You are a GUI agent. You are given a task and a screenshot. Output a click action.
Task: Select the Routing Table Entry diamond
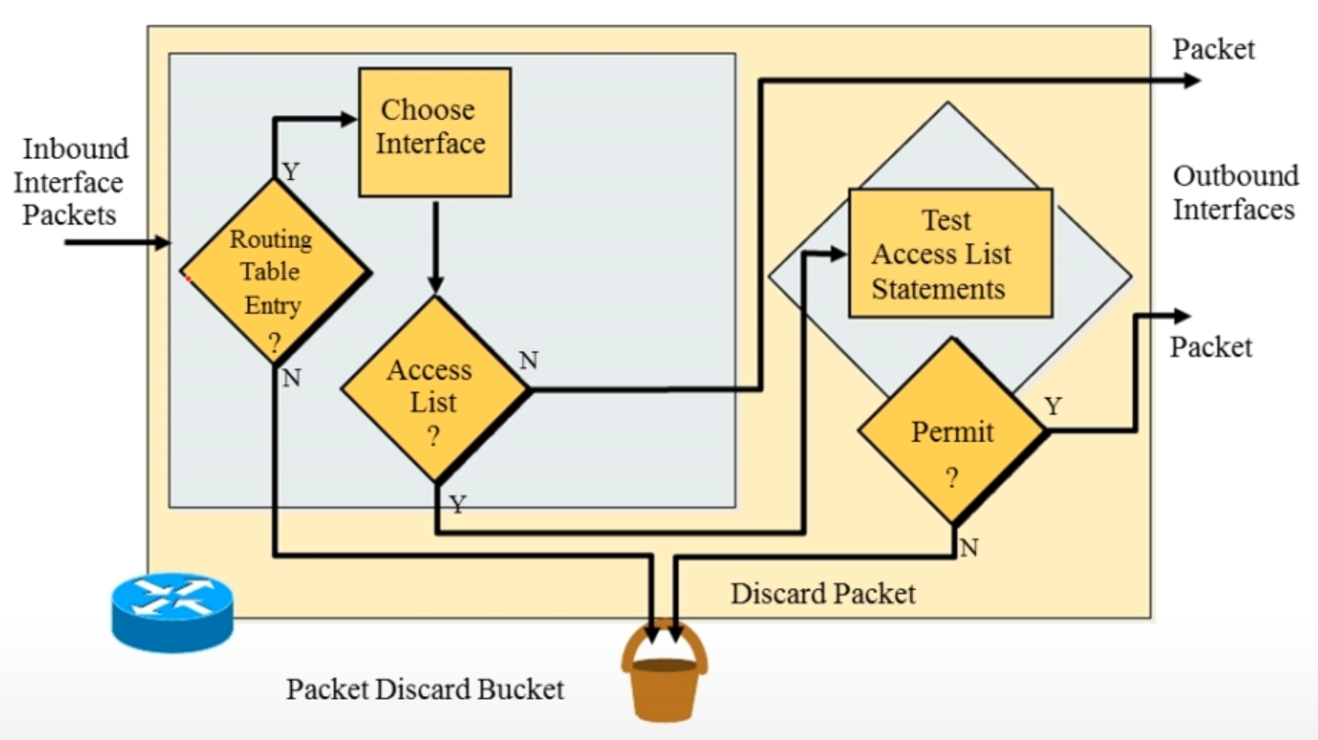click(x=275, y=272)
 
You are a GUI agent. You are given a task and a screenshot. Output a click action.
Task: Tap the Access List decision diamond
click(x=434, y=389)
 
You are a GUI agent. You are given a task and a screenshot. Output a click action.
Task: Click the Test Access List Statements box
click(x=949, y=253)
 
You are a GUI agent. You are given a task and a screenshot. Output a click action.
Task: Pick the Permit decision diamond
click(x=952, y=432)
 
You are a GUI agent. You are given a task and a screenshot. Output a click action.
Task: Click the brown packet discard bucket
click(x=665, y=676)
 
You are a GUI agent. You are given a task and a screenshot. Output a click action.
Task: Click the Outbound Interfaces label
click(x=1235, y=193)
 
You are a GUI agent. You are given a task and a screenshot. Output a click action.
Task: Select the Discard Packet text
click(x=823, y=593)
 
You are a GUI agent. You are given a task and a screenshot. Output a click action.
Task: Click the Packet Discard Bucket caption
click(x=425, y=689)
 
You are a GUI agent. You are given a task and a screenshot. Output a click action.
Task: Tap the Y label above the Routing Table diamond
click(x=291, y=172)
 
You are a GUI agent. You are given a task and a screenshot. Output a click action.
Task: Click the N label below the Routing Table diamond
click(x=292, y=379)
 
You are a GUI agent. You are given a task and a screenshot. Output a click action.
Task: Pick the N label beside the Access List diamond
click(x=528, y=360)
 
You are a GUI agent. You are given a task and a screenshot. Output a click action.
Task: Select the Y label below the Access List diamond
click(x=458, y=504)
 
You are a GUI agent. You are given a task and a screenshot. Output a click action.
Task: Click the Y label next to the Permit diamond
click(x=1053, y=406)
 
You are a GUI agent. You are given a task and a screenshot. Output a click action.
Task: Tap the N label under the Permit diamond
click(x=968, y=548)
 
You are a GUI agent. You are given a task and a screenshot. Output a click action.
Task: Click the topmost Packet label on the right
click(x=1214, y=50)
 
